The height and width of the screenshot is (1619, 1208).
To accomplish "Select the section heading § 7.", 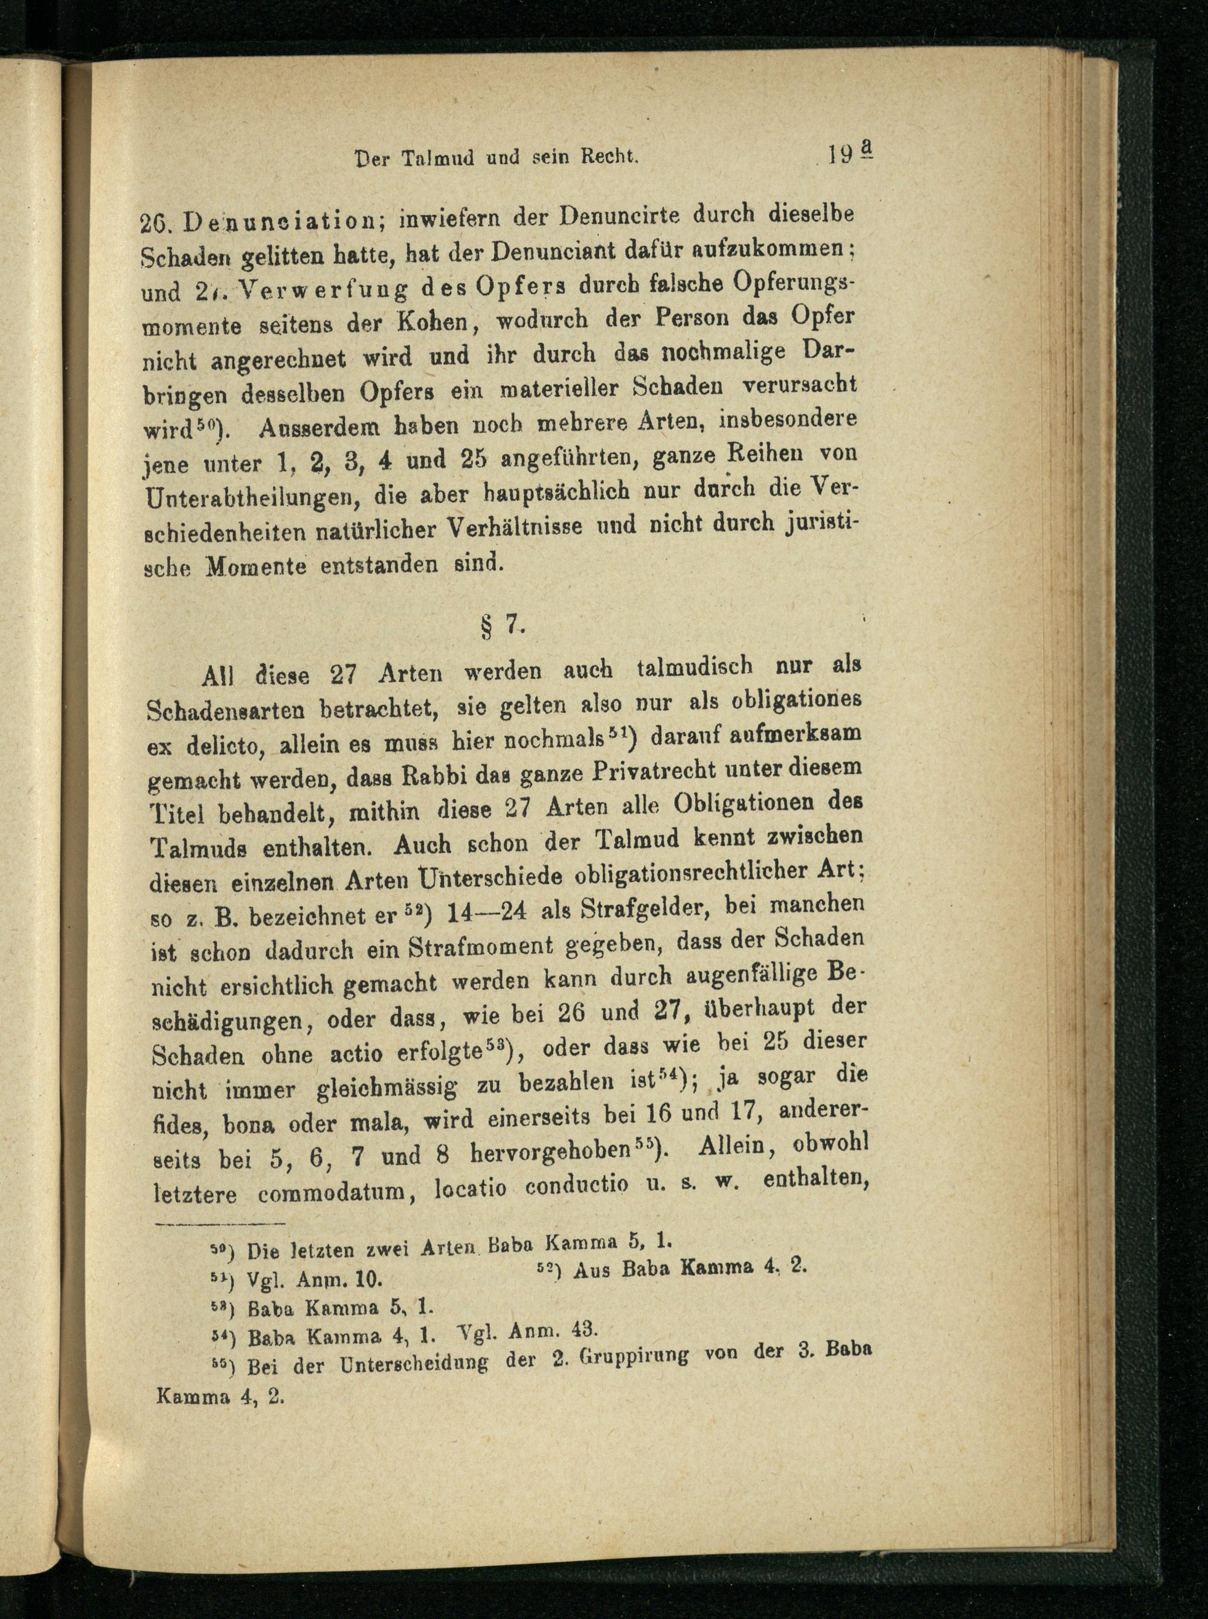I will tap(500, 626).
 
